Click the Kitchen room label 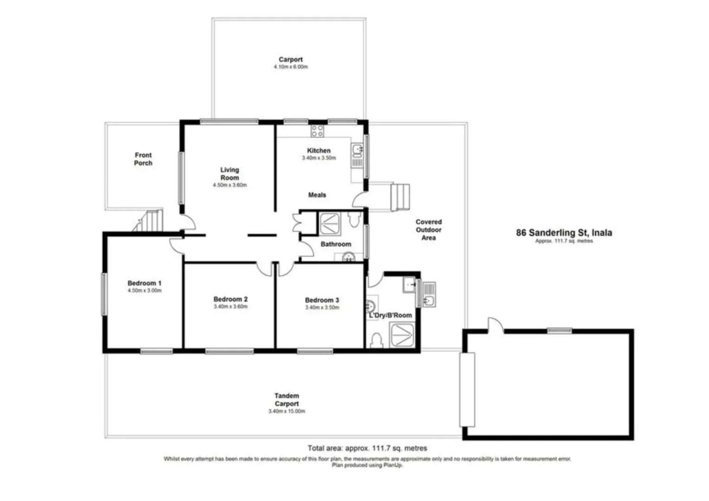318,150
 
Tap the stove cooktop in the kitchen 317,131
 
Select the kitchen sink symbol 357,150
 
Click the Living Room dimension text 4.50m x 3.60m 230,185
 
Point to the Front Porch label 143,159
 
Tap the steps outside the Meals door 400,197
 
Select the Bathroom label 335,244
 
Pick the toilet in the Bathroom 354,219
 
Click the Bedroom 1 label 144,283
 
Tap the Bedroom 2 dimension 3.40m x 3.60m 230,307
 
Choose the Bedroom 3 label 322,300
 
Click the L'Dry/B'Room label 390,315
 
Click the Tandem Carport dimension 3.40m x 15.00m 286,411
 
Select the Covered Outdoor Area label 428,230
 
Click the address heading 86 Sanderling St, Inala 564,233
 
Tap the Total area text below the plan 367,448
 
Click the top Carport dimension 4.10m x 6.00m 290,67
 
